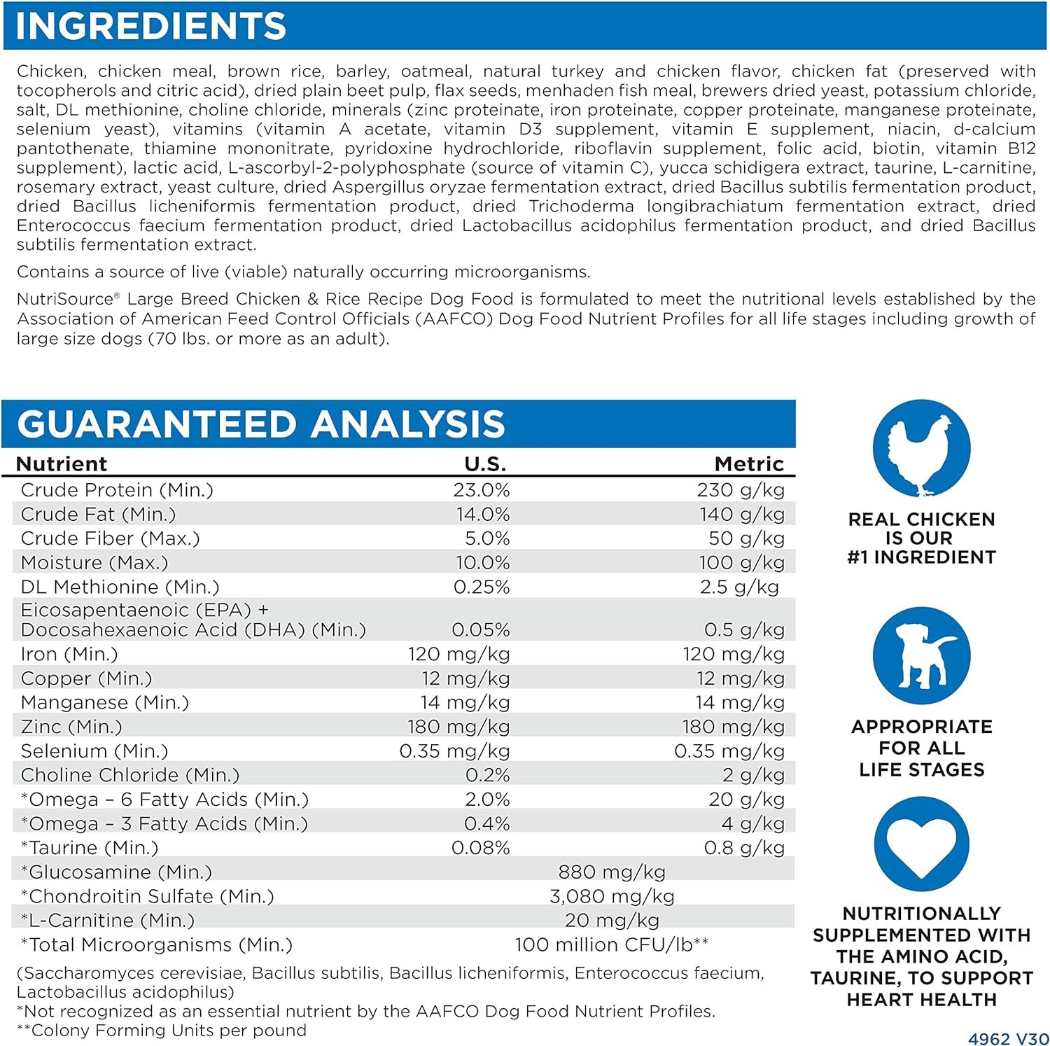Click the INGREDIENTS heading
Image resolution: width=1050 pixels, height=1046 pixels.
[150, 26]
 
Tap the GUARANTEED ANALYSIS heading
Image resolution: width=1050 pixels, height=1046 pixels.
[260, 424]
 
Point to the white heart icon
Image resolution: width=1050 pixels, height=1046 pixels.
[921, 844]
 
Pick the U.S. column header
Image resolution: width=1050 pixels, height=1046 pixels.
[485, 463]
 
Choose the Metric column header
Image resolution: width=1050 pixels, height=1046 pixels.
[749, 463]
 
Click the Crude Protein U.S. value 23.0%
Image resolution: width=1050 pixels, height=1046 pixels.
[482, 490]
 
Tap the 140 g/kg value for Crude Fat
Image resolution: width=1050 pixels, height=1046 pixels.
[742, 515]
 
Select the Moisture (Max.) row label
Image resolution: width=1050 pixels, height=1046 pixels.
[94, 563]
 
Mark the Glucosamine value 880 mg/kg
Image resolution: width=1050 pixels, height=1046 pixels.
[612, 872]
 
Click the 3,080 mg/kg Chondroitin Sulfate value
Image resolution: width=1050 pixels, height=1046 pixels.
[612, 896]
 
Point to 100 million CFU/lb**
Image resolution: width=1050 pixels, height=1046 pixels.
[612, 945]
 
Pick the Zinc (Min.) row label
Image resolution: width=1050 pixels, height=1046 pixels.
[71, 727]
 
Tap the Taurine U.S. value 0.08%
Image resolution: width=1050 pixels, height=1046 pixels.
[481, 848]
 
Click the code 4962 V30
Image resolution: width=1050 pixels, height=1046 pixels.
[1009, 1039]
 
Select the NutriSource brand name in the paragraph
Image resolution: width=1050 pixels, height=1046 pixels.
[66, 300]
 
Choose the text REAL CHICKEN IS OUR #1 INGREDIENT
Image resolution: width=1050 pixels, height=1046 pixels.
[921, 538]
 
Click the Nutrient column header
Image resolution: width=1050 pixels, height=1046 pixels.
[62, 463]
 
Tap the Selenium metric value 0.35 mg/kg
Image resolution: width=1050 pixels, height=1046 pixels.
[729, 751]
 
